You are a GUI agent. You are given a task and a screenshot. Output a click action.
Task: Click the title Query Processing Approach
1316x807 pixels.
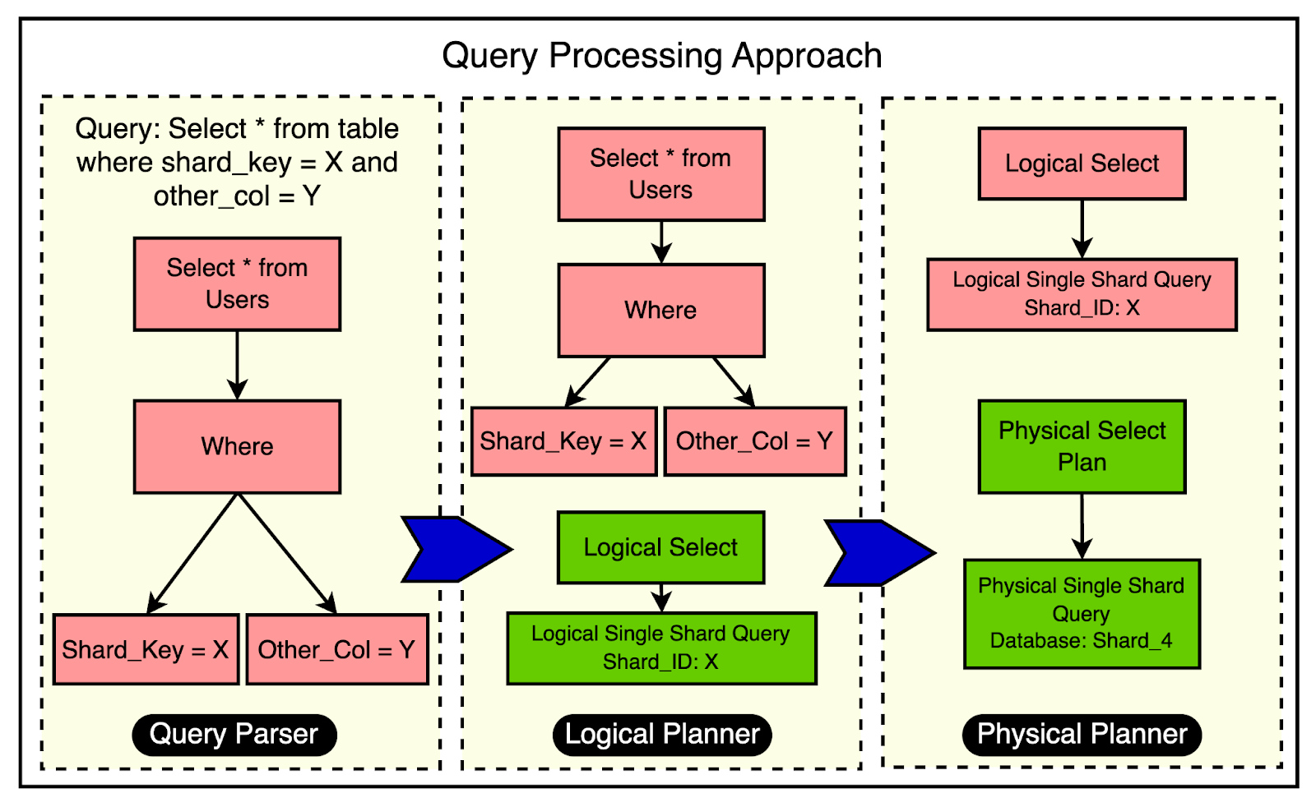click(x=661, y=56)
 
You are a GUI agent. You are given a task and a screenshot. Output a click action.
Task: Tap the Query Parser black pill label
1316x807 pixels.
click(x=234, y=734)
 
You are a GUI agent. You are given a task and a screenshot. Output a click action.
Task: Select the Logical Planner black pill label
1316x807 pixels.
click(x=662, y=734)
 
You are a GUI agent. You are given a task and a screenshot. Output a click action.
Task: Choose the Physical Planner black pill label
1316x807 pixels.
click(x=1082, y=734)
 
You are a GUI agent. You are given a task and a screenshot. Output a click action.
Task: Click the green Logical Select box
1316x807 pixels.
click(x=660, y=547)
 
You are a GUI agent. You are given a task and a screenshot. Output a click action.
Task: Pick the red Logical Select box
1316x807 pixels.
click(x=1082, y=164)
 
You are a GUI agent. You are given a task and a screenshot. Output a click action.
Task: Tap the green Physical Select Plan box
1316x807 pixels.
click(x=1082, y=446)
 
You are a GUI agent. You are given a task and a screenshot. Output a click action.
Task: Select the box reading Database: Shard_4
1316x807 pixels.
click(x=1082, y=614)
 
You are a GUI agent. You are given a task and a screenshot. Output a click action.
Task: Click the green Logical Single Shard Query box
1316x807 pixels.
click(x=661, y=648)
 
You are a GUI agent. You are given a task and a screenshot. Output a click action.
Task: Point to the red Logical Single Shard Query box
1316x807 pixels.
click(x=1082, y=294)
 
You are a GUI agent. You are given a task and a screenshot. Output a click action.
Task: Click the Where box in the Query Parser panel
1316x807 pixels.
click(x=237, y=446)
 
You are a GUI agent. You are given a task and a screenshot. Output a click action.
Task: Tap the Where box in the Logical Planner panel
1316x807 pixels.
click(x=660, y=310)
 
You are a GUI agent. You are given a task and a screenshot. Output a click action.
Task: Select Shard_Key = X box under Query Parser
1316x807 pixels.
click(x=146, y=649)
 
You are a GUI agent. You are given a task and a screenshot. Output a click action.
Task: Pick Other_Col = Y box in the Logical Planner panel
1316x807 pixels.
click(x=754, y=441)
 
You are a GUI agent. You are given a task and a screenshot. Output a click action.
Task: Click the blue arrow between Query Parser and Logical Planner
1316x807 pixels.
click(x=455, y=549)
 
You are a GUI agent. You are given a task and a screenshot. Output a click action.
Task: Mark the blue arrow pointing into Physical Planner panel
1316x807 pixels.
click(x=878, y=552)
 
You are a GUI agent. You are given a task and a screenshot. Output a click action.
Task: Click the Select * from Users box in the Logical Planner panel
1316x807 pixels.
click(x=660, y=174)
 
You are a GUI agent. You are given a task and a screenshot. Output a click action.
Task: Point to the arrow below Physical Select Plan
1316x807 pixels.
click(x=1082, y=526)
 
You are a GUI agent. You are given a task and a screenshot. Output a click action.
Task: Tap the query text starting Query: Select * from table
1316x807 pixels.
click(x=237, y=163)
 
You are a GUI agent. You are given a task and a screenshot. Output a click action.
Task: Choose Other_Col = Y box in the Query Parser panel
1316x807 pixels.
click(x=336, y=649)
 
